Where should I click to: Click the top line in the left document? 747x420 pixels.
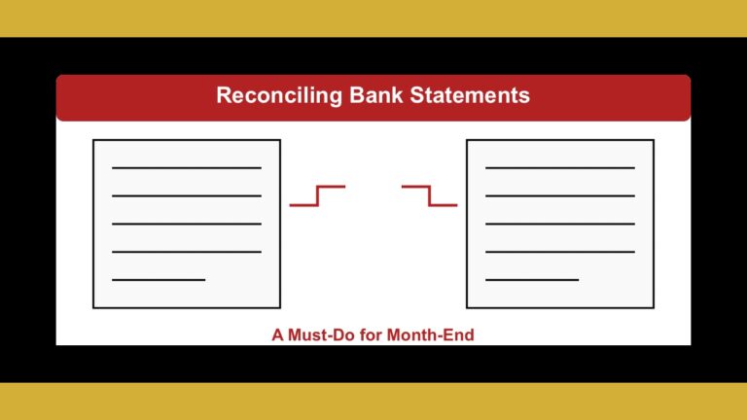pyautogui.click(x=187, y=168)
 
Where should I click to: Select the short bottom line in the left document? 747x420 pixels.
pyautogui.click(x=159, y=280)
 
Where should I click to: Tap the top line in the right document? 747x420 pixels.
pyautogui.click(x=560, y=168)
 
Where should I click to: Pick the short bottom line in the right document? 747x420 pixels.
pyautogui.click(x=532, y=280)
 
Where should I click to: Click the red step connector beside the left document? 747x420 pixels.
pyautogui.click(x=317, y=195)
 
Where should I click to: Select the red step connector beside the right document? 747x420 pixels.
pyautogui.click(x=429, y=195)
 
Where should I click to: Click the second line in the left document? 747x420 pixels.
pyautogui.click(x=187, y=196)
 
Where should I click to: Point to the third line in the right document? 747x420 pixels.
pyautogui.click(x=560, y=224)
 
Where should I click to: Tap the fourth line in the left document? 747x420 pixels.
pyautogui.click(x=187, y=252)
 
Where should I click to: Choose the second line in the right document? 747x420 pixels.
pyautogui.click(x=560, y=196)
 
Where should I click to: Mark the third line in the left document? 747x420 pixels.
pyautogui.click(x=187, y=224)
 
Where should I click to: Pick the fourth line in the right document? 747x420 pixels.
pyautogui.click(x=560, y=252)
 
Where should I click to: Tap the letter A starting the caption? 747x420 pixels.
pyautogui.click(x=277, y=335)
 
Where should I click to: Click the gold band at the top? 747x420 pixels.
pyautogui.click(x=373, y=17)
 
